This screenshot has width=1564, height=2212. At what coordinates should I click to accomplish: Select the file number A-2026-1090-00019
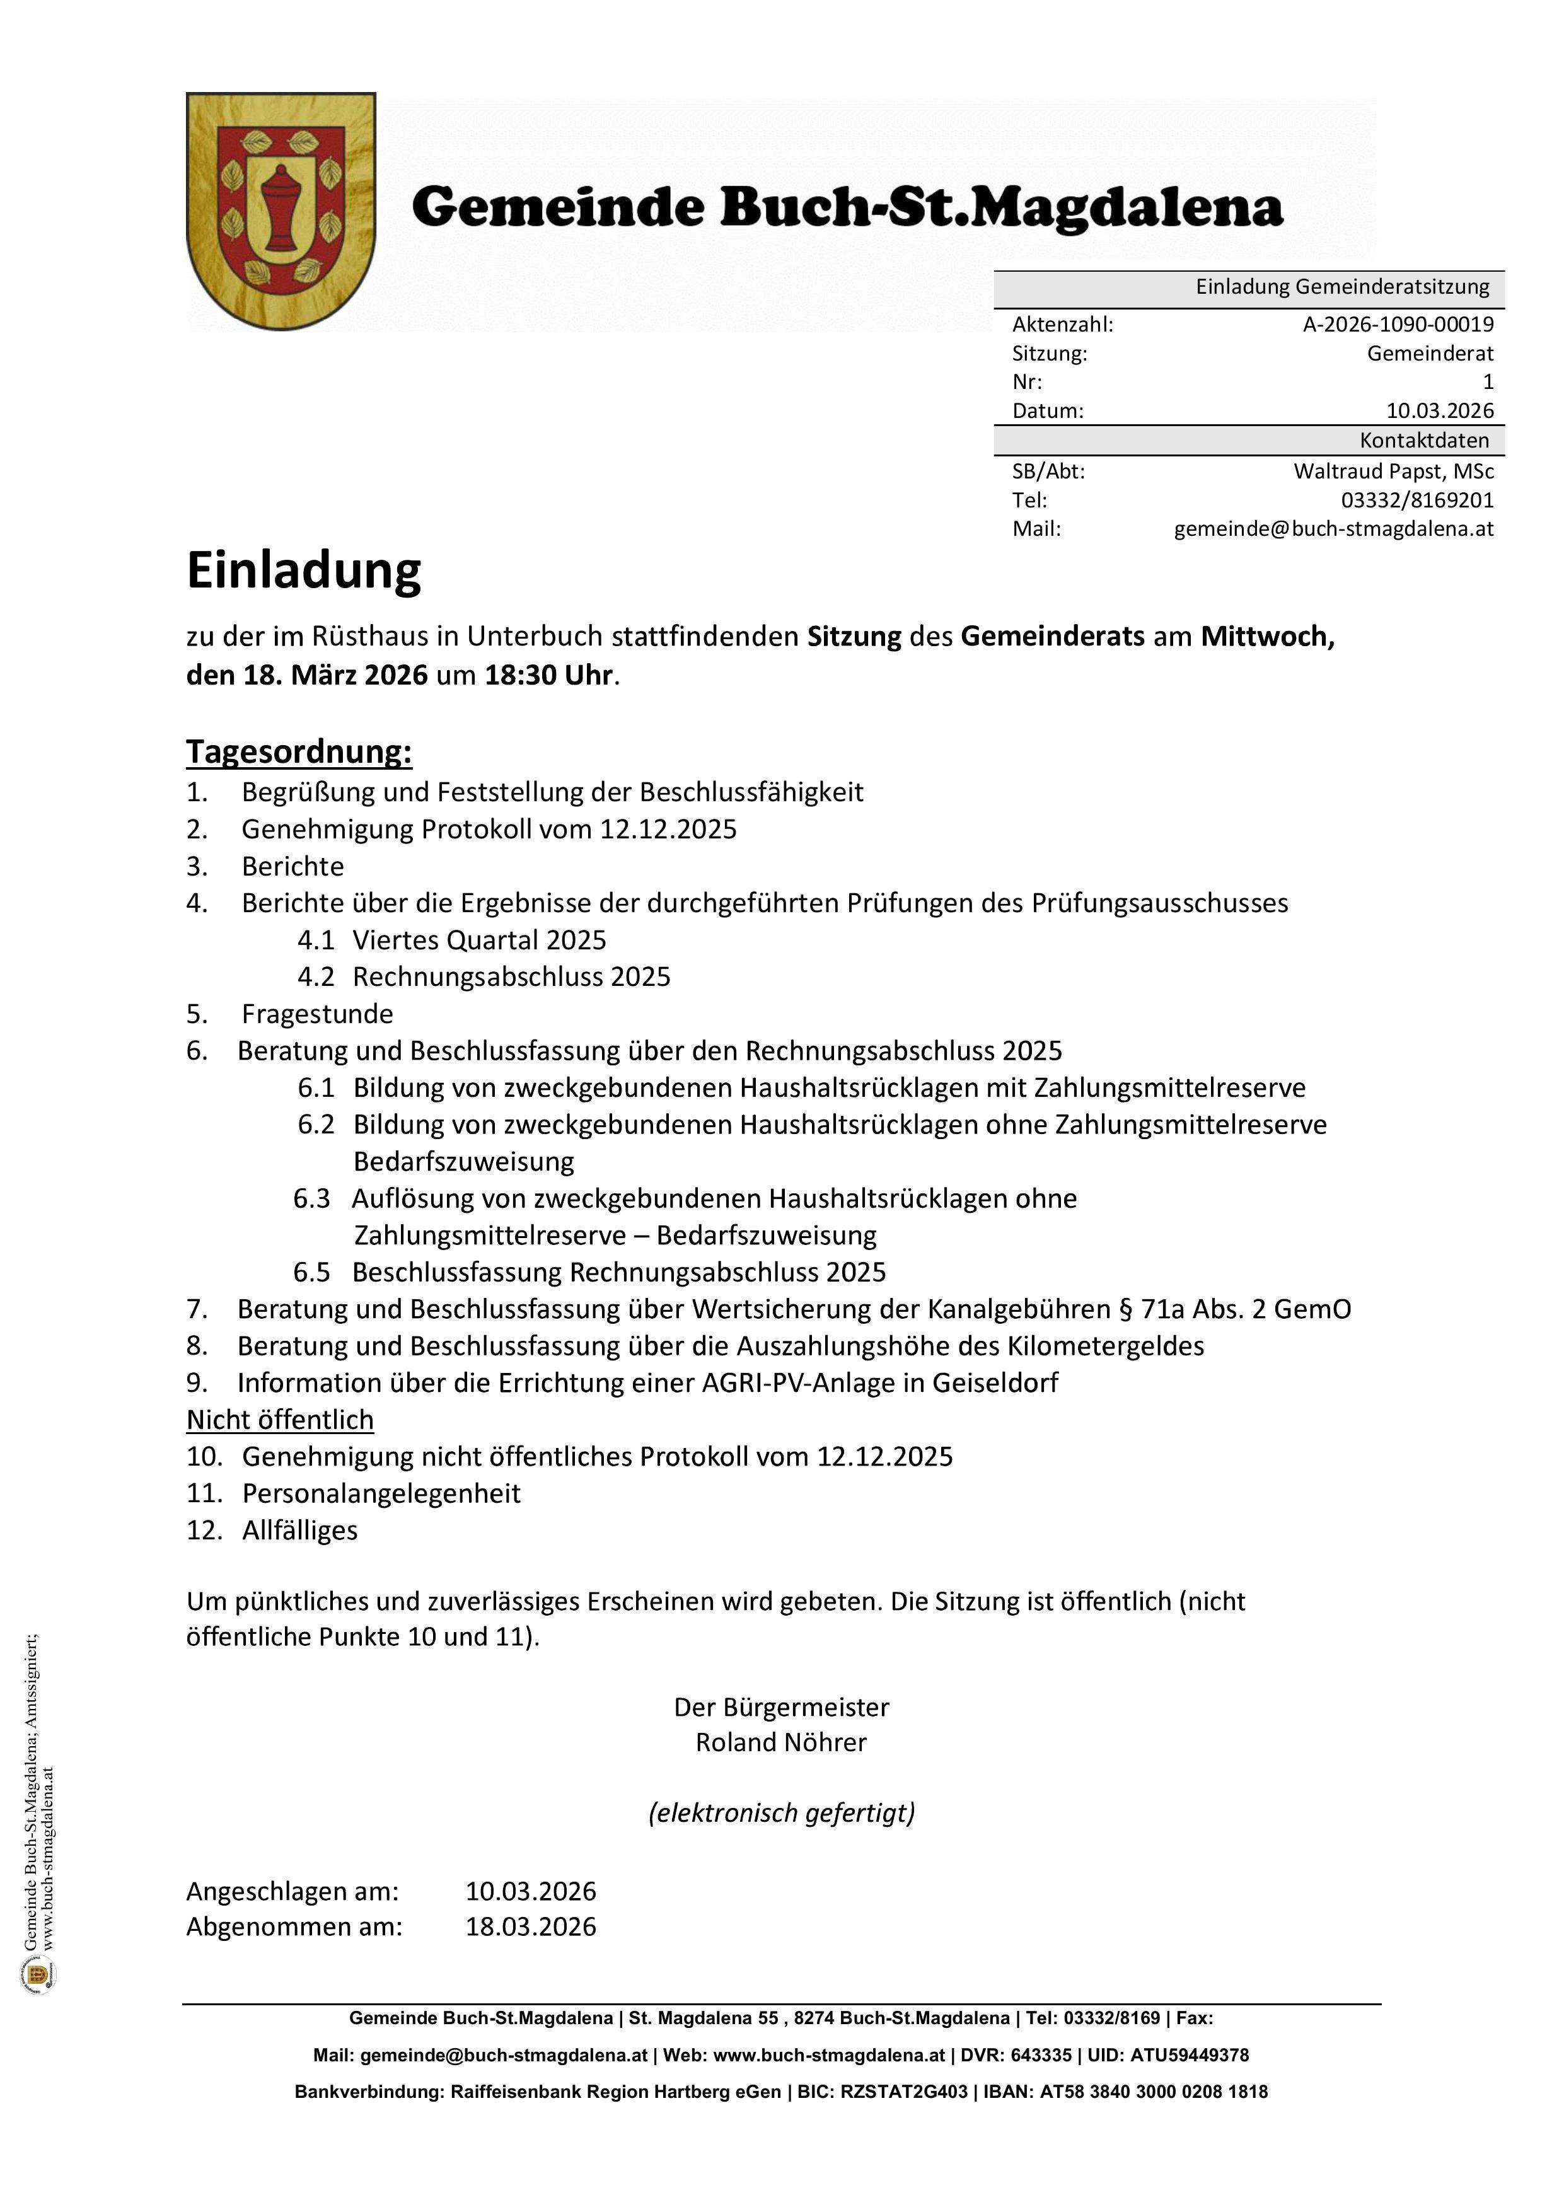(x=1398, y=325)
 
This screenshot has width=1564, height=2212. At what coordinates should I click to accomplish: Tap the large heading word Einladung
(x=304, y=570)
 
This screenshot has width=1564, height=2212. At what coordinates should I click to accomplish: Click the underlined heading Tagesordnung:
(x=299, y=751)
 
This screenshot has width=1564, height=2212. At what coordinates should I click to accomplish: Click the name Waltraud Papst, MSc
(x=1393, y=471)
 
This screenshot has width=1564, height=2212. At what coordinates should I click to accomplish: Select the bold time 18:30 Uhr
(x=547, y=675)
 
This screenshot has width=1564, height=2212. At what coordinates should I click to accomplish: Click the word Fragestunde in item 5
(x=317, y=1014)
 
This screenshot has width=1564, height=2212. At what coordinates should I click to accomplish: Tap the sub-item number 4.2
(x=315, y=977)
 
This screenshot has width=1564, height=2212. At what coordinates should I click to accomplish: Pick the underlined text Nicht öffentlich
(x=279, y=1420)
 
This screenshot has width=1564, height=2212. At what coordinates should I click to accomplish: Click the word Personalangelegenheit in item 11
(x=381, y=1493)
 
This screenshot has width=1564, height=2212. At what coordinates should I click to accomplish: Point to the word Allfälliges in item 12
(x=299, y=1530)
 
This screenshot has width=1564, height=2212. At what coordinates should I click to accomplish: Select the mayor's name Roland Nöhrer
(x=780, y=1742)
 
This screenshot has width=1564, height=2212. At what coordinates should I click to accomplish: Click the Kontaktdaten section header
(x=1423, y=440)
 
